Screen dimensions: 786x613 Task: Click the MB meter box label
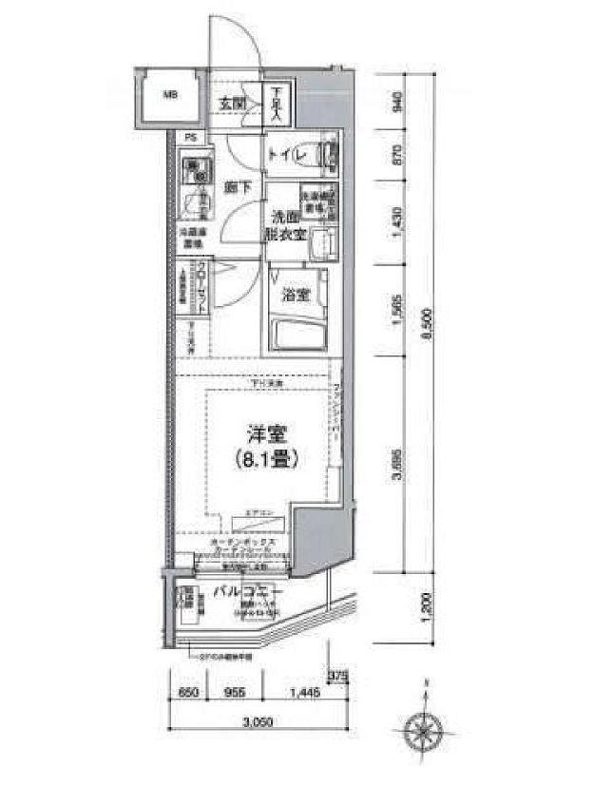168,94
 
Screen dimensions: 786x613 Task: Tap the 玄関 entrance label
235,103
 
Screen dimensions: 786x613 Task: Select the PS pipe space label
190,137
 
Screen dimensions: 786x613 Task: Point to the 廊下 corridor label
239,187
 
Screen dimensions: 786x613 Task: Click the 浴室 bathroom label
295,294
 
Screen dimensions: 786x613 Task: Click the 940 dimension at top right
398,101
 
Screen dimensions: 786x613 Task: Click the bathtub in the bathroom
297,334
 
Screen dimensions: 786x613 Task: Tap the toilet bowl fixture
327,155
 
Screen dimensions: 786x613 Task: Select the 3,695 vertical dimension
398,467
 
